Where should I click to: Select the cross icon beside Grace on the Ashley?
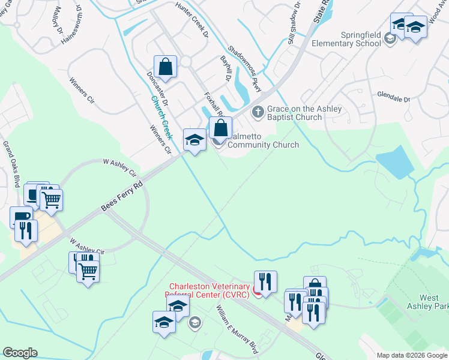(x=258, y=112)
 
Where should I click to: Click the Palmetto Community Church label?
(x=264, y=140)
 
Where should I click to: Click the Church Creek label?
(x=161, y=117)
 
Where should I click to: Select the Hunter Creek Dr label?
(x=191, y=19)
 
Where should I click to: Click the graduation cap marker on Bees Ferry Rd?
(x=194, y=140)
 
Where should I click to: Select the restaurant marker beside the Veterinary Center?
(x=265, y=281)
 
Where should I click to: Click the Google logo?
(x=20, y=353)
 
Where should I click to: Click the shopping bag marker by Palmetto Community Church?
(x=220, y=127)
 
